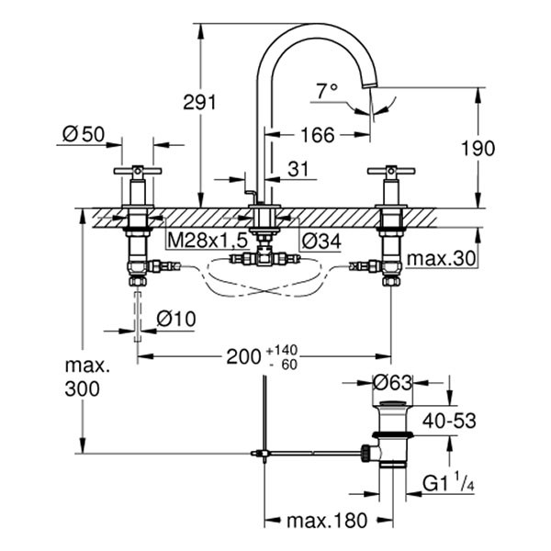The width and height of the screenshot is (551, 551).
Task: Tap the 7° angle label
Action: pos(327,91)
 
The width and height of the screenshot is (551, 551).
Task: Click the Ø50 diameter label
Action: pos(82,135)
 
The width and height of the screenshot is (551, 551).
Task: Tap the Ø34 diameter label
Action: pos(320,239)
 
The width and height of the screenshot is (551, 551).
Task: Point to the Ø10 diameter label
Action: pos(175,319)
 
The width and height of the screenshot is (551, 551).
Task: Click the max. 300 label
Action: pos(87,377)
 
